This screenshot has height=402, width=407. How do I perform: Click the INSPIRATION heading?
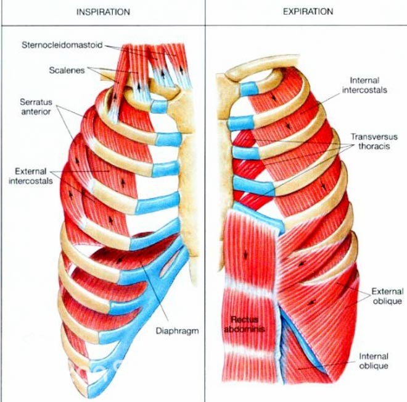[103, 12]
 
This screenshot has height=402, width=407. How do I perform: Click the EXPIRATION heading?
[308, 12]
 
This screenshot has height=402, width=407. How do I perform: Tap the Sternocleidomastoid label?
[62, 45]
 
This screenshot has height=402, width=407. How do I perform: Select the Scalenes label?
[67, 70]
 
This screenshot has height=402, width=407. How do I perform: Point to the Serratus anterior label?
[36, 107]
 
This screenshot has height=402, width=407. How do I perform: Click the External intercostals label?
[31, 176]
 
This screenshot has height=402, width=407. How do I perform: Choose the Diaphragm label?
[177, 331]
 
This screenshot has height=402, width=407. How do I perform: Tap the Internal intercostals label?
[364, 85]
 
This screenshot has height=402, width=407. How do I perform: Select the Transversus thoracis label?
[374, 141]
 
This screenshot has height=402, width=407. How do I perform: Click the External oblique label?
[387, 296]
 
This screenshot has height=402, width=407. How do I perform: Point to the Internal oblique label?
[374, 361]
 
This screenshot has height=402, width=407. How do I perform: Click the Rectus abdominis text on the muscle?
[244, 324]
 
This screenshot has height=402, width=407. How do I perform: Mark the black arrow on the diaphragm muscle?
[120, 259]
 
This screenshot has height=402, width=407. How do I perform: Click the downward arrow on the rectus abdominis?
[245, 254]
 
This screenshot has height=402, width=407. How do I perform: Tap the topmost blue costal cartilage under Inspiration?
[159, 107]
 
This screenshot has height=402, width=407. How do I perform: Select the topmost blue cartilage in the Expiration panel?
[249, 88]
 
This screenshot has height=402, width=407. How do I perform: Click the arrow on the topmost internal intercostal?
[274, 98]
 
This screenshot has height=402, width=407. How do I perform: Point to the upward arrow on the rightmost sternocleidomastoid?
[181, 70]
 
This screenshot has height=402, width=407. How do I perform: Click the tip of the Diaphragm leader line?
[141, 262]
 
